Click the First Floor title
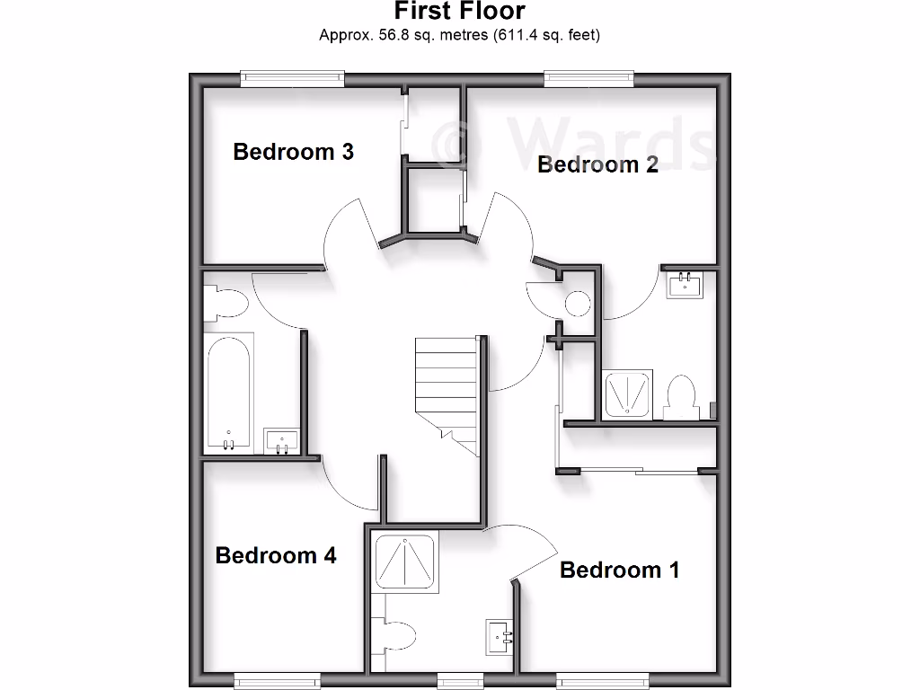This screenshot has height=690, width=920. click(x=460, y=12)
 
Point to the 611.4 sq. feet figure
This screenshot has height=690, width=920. click(x=545, y=36)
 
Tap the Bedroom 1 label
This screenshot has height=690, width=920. click(x=619, y=570)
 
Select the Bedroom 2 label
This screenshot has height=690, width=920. click(x=597, y=164)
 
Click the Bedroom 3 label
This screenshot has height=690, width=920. click(x=293, y=152)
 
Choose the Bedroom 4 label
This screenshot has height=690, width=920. click(x=276, y=555)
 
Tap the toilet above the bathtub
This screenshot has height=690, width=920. click(x=224, y=304)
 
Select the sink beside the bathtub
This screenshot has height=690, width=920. click(x=281, y=441)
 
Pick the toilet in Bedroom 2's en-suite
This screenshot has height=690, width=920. click(x=683, y=396)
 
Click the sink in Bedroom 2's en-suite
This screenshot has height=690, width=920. click(x=687, y=286)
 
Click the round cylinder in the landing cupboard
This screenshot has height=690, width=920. click(x=577, y=304)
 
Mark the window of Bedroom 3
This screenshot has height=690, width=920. click(x=292, y=80)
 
